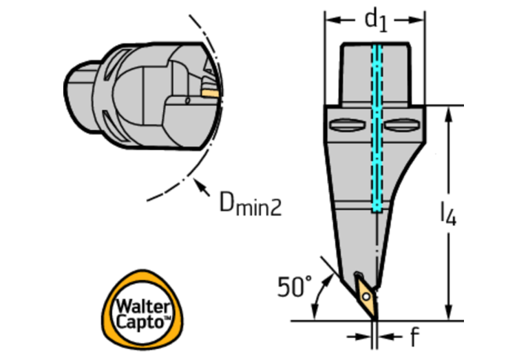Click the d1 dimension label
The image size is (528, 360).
(x=375, y=21)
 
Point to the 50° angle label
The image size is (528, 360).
(x=294, y=286)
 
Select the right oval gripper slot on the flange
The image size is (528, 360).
(x=402, y=125)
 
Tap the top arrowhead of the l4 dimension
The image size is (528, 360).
(x=449, y=112)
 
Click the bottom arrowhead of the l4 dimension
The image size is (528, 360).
(x=449, y=315)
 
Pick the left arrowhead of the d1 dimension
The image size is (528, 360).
(x=330, y=19)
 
